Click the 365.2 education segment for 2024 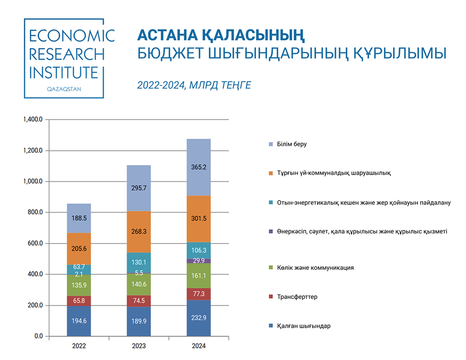pos(198,167)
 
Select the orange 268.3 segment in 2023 pos(139,232)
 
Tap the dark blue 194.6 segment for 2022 pos(79,321)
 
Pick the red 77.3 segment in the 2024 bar pos(198,294)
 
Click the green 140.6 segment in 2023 pos(139,284)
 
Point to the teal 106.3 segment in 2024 pos(198,251)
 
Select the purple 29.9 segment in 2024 pos(198,261)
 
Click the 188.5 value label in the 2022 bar pos(79,218)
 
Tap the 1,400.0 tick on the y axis pos(33,119)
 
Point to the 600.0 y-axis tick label pos(35,243)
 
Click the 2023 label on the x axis pos(139,346)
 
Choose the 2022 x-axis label pos(79,346)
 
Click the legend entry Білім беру pos(288,144)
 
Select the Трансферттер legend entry pos(293,296)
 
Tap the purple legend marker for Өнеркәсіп pos(271,231)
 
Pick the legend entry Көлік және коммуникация pos(311,267)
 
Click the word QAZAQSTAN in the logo pos(64,89)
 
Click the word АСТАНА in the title pos(168,35)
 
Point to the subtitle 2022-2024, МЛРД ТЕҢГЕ pos(194,85)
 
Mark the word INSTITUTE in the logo pos(63,72)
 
